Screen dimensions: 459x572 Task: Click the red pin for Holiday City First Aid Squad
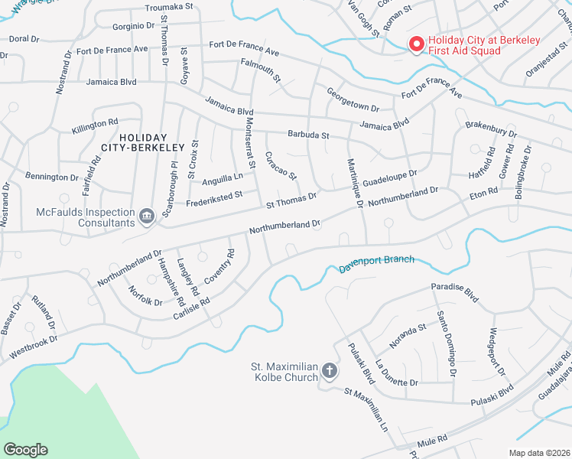point(417,44)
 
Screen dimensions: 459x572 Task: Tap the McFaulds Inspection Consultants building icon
point(145,217)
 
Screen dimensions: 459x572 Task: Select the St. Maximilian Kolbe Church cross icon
point(330,371)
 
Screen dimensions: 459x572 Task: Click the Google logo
point(25,450)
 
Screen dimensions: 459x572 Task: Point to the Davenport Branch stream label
point(376,264)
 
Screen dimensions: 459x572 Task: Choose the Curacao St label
point(281,165)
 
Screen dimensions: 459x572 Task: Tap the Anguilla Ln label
point(222,179)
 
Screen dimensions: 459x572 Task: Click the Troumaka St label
point(169,6)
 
